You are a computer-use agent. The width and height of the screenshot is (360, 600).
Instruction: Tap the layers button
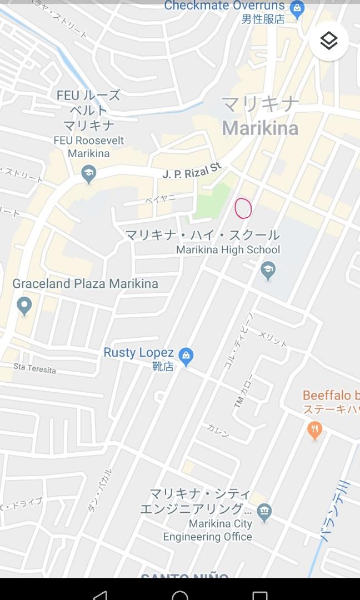329,41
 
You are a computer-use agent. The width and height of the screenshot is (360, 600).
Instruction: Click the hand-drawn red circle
243,208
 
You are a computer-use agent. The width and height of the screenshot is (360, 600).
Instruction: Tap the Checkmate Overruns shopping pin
297,9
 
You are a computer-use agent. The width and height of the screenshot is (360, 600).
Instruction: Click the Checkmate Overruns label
224,6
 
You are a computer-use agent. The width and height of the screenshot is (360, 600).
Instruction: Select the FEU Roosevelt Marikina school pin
88,174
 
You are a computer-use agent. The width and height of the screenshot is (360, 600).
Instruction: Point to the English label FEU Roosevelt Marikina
89,147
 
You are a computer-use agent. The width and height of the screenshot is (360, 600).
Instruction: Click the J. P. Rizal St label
192,170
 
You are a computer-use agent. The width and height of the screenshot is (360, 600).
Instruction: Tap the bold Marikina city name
260,128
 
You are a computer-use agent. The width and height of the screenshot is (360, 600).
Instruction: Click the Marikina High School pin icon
268,271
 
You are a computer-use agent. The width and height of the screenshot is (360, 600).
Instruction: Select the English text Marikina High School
228,250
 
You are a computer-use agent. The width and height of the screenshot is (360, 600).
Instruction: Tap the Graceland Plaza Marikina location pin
24,305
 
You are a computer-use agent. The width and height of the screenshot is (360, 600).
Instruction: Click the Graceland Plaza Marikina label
85,284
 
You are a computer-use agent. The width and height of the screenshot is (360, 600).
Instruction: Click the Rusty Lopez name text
139,353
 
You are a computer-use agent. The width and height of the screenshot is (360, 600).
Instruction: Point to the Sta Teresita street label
34,368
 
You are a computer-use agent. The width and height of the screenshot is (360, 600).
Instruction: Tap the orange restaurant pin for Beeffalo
314,429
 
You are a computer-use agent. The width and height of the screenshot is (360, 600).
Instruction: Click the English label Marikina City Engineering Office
208,530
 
